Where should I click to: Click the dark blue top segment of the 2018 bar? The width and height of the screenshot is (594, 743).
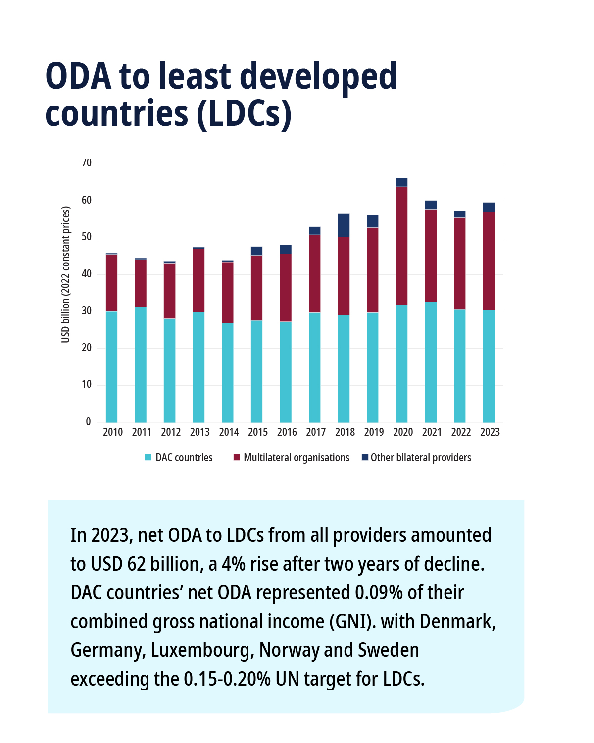(x=344, y=225)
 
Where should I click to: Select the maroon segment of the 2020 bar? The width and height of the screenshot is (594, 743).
(x=401, y=246)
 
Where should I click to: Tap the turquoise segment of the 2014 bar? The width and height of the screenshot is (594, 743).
(x=228, y=372)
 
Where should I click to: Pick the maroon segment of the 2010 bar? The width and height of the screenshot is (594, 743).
(x=111, y=282)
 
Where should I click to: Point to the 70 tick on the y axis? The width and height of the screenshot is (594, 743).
(x=87, y=163)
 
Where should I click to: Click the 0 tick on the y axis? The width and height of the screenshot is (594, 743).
(x=89, y=422)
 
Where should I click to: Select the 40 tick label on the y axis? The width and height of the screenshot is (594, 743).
(x=87, y=274)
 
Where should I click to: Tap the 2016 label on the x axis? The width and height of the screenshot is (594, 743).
(x=287, y=432)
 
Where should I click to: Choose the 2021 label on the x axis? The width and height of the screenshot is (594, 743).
(x=432, y=432)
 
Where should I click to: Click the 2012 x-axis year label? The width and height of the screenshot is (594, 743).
(x=171, y=432)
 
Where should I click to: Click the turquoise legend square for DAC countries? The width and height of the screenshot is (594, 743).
(x=148, y=457)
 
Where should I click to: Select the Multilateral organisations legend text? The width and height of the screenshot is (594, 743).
(x=296, y=458)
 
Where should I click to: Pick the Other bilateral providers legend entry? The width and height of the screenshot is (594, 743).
(x=420, y=458)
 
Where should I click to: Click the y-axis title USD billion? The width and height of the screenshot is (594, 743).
(x=66, y=274)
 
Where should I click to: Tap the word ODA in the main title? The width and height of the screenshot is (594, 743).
(x=78, y=77)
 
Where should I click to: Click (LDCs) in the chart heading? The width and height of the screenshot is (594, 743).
(x=244, y=114)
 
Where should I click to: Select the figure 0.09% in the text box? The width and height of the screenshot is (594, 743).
(x=379, y=592)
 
